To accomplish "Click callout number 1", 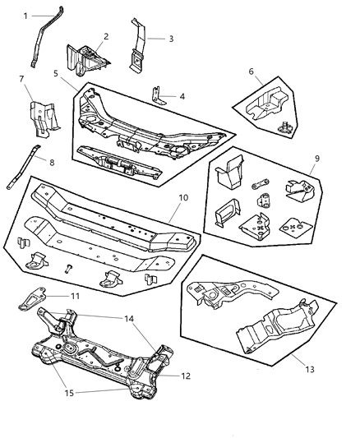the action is tap(25, 16).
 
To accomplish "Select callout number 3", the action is tap(171, 39).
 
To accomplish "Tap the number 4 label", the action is tap(182, 96).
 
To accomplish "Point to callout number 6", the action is tap(251, 71).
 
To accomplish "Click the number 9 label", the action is tap(317, 159).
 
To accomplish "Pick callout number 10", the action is tap(183, 198).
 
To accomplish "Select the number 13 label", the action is tap(310, 370).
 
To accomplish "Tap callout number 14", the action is tap(129, 319).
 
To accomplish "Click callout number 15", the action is tap(69, 393).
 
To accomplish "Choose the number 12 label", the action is tap(186, 376).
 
